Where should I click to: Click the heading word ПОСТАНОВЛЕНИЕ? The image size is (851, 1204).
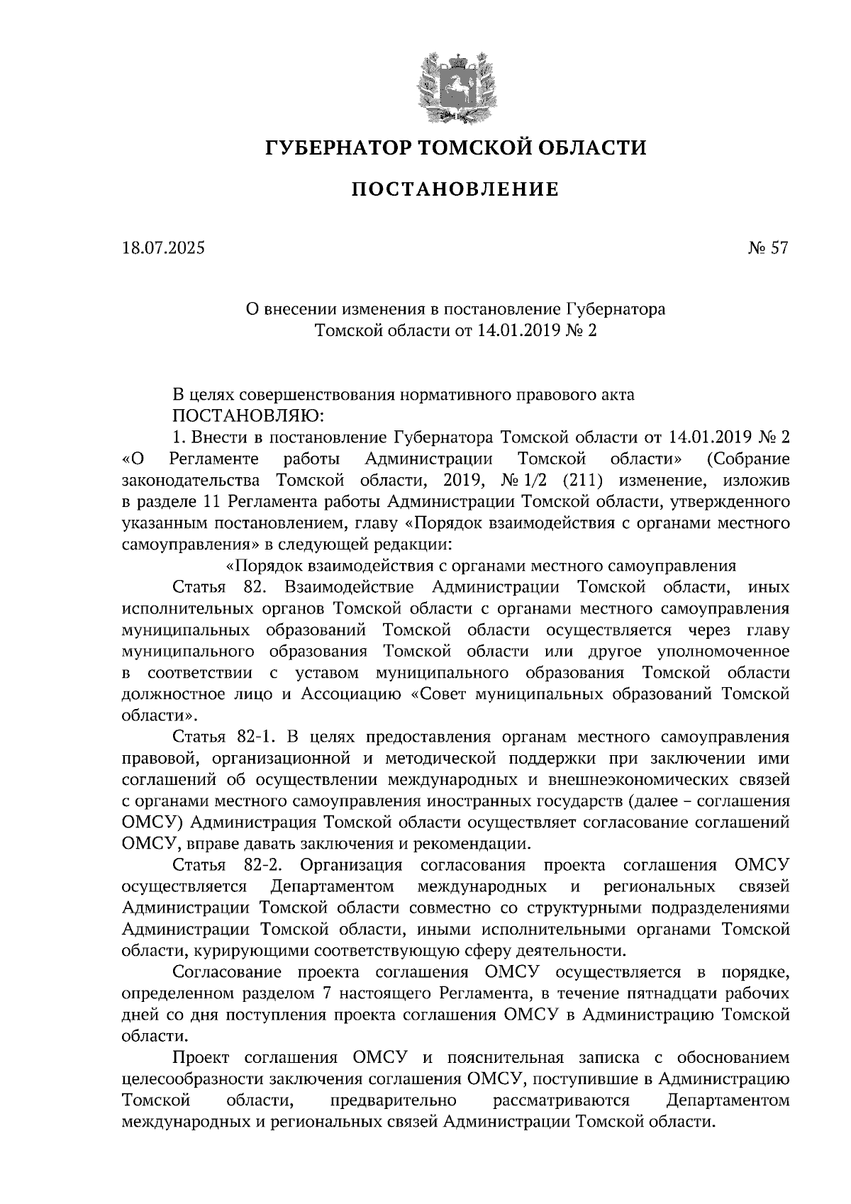[x=455, y=189]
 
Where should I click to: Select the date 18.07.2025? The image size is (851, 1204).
[x=162, y=248]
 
